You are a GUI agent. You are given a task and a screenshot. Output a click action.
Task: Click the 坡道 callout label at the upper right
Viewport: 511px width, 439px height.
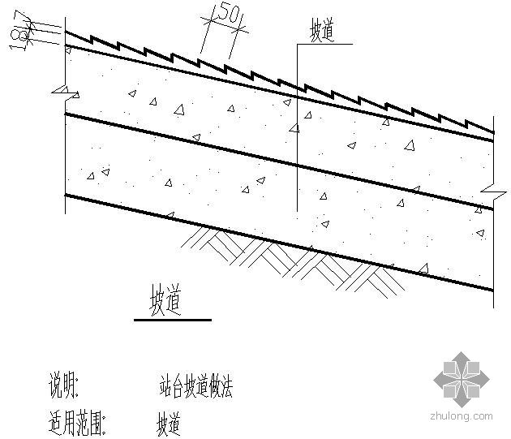pyautogui.click(x=322, y=32)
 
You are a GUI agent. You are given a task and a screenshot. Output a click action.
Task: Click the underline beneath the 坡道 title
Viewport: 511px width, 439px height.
pyautogui.click(x=172, y=320)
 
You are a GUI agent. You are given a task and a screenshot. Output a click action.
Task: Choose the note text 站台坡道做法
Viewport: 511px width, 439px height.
pyautogui.click(x=195, y=385)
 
